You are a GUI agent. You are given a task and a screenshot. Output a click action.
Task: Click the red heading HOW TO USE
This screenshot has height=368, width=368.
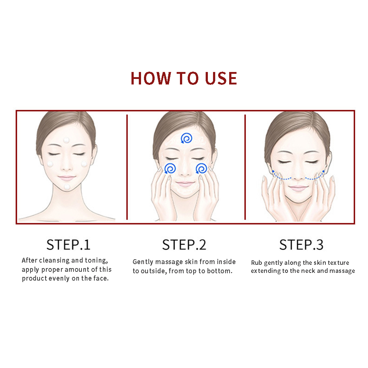[x=184, y=78]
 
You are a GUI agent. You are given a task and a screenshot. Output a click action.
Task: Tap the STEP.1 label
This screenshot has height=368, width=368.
[x=68, y=245]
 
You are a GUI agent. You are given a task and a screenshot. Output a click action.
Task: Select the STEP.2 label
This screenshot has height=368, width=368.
[x=184, y=245]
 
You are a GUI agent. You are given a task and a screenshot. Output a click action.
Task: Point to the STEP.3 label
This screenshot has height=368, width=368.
[x=302, y=245]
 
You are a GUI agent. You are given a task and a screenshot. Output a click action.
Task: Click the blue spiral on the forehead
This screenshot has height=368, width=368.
[x=187, y=138]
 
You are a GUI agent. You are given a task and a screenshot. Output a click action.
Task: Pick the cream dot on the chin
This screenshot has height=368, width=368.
[x=67, y=187]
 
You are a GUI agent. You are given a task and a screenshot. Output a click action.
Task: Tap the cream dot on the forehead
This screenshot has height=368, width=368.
[x=66, y=140]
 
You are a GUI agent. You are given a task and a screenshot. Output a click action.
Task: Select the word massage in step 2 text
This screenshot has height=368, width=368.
[x=169, y=262]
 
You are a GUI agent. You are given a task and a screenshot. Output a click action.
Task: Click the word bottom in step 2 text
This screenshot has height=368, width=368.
[x=220, y=271]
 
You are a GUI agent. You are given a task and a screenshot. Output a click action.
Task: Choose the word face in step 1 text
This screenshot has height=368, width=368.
[x=101, y=278]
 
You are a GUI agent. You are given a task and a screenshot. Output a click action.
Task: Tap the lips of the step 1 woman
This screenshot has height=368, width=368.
[x=66, y=178]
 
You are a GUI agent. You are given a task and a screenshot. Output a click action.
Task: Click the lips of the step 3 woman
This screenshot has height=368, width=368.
[x=298, y=188]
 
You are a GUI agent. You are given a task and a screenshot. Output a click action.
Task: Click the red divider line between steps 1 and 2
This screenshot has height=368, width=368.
[x=127, y=167]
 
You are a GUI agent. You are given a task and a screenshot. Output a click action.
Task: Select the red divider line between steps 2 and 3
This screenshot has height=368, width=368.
[x=245, y=167]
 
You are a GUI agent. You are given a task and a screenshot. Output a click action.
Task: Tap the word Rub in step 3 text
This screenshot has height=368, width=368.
[x=256, y=263]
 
